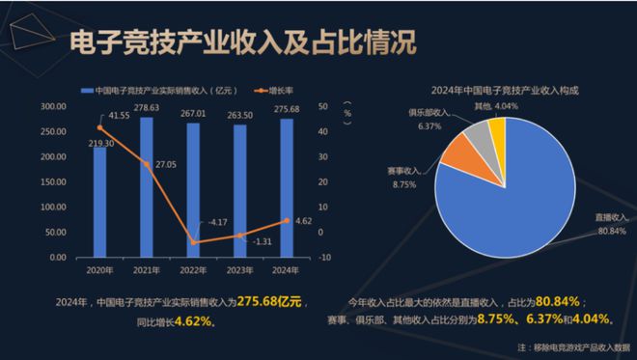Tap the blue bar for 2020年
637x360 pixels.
pyautogui.click(x=100, y=203)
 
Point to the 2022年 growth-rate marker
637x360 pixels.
pyautogui.click(x=193, y=242)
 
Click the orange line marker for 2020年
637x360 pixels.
pyautogui.click(x=100, y=127)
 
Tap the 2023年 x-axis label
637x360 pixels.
pyautogui.click(x=239, y=271)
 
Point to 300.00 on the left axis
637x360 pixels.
pyautogui.click(x=54, y=105)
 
